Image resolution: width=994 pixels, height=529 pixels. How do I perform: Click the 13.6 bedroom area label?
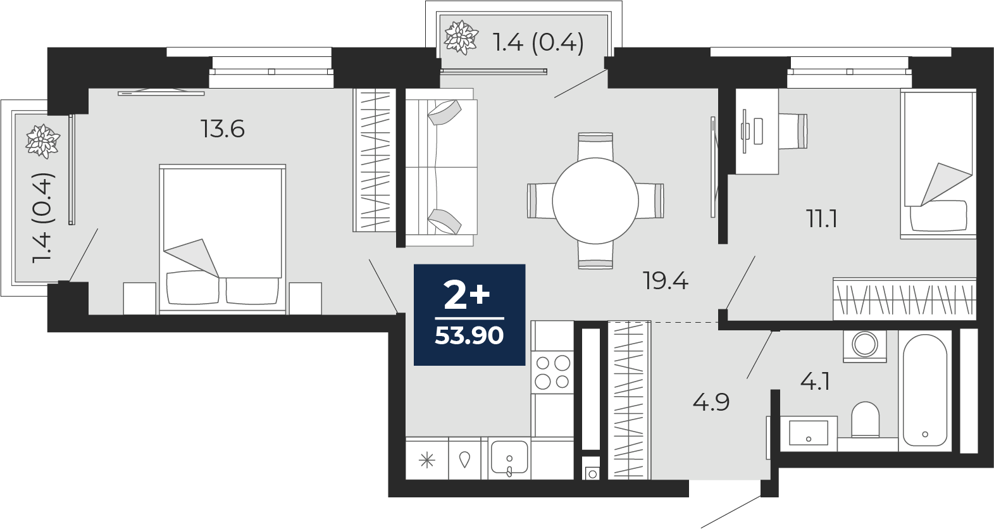223,129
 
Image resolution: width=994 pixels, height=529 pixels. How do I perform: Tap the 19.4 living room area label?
666,281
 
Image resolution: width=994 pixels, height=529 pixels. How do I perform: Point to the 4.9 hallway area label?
711,402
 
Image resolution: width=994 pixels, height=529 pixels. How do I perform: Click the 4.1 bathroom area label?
815,382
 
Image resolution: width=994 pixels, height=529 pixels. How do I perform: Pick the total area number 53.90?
469,335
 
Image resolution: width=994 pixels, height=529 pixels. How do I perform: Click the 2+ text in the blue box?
467,296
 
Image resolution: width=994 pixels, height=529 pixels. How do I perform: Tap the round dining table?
595,201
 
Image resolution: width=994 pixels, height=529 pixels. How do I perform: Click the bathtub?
925,390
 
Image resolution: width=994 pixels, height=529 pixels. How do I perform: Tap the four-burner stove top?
553,372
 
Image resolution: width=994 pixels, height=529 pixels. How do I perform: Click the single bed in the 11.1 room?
938,164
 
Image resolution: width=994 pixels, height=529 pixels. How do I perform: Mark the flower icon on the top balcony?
461,37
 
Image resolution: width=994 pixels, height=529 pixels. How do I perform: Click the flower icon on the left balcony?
42,140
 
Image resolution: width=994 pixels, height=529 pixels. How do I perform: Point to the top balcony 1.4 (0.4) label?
538,43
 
